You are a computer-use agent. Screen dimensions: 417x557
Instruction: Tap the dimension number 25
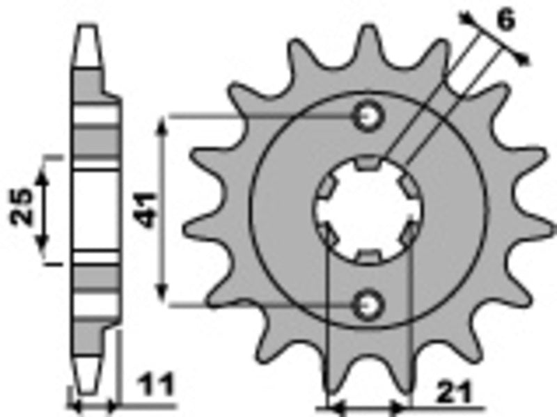[x=22, y=207]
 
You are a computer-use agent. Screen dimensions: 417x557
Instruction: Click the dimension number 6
[x=506, y=21]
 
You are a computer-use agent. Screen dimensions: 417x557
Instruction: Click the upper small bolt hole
[x=368, y=116]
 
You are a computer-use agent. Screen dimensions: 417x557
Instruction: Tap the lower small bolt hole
[x=368, y=304]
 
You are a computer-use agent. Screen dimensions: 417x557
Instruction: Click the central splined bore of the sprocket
[x=368, y=210]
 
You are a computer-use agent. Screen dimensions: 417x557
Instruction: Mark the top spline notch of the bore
[x=368, y=164]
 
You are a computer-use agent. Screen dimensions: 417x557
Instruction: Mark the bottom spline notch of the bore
[x=368, y=256]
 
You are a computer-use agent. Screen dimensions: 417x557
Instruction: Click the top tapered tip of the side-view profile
[x=87, y=31]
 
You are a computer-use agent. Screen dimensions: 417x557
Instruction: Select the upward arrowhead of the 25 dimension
[x=44, y=174]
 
